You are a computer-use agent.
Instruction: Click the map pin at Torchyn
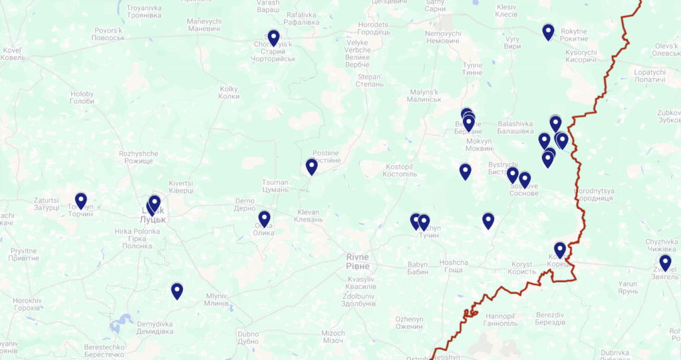(x=81, y=200)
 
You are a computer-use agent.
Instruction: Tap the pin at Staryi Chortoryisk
(x=274, y=38)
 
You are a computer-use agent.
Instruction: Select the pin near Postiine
(x=312, y=166)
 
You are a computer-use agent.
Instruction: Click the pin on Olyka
(x=265, y=219)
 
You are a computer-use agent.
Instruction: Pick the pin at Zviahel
(x=665, y=263)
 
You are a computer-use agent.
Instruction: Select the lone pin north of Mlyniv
(x=177, y=291)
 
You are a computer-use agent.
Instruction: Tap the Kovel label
(x=12, y=54)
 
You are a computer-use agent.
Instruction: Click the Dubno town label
(x=247, y=337)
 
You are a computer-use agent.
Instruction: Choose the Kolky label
(x=229, y=92)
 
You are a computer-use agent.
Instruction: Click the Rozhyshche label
(x=138, y=157)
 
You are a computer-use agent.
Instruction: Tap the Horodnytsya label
(x=593, y=194)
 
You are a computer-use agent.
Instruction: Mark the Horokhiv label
(x=27, y=305)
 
